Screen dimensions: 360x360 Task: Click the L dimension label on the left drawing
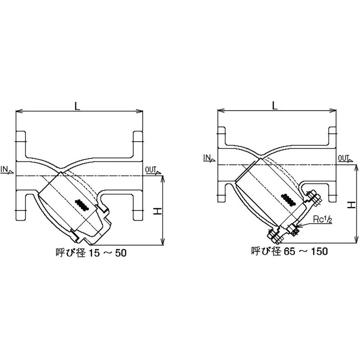pos(77,106)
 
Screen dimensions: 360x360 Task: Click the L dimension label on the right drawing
pos(275,105)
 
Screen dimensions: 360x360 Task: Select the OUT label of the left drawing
pos(153,170)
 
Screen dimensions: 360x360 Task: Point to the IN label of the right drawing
pos(209,158)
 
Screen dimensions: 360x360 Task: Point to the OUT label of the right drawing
pos(345,158)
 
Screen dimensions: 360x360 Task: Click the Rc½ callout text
pos(323,220)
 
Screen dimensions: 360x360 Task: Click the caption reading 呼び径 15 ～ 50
pos(91,253)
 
